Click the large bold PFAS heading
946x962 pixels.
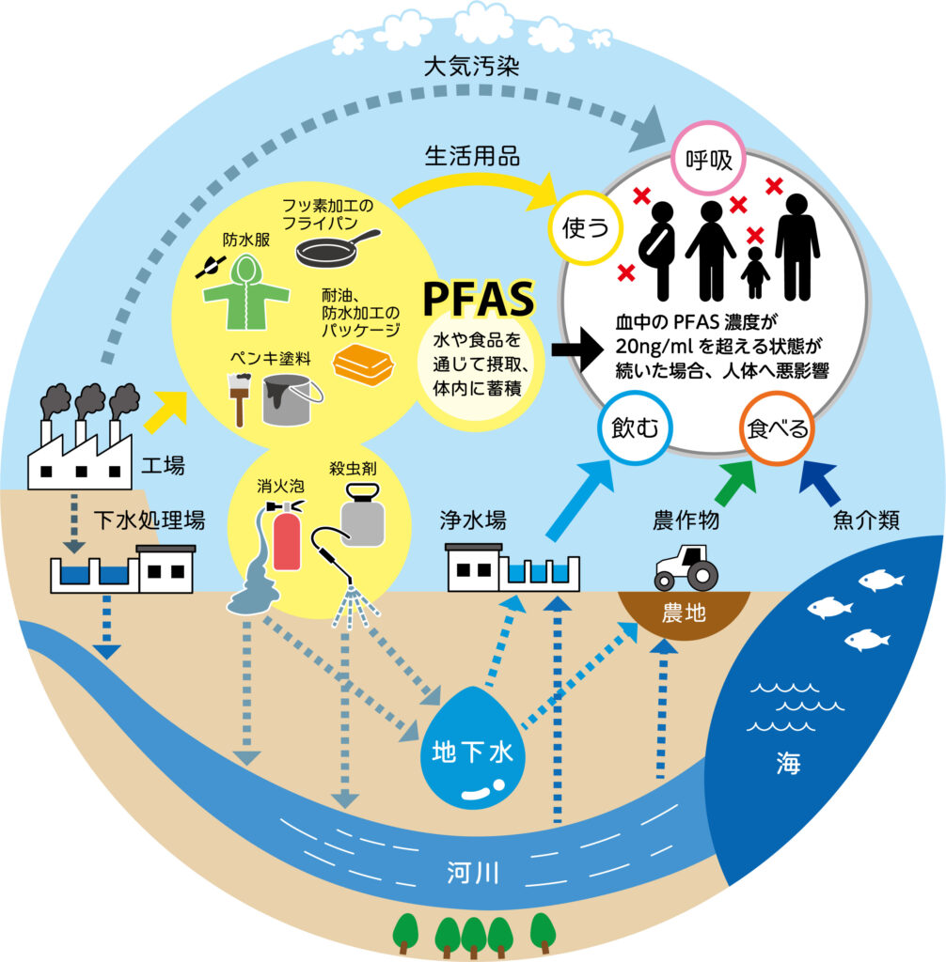pyautogui.click(x=479, y=299)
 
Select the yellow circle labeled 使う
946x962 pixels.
pyautogui.click(x=579, y=227)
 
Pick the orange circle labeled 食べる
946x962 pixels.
pyautogui.click(x=777, y=429)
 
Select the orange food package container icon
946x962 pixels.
pyautogui.click(x=365, y=365)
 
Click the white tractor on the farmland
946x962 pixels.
pyautogui.click(x=686, y=567)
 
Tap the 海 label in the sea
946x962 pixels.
pyautogui.click(x=789, y=763)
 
